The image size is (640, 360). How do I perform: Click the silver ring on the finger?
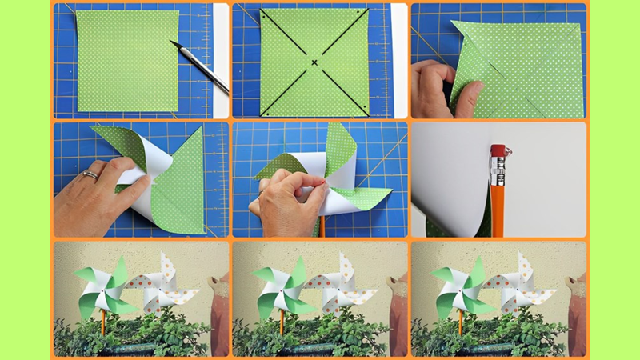(x=94, y=174)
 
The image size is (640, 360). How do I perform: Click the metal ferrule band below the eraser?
(x=498, y=170)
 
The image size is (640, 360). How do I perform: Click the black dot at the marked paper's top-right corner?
(x=367, y=10)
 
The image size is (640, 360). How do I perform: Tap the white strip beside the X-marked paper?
(x=398, y=61)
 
